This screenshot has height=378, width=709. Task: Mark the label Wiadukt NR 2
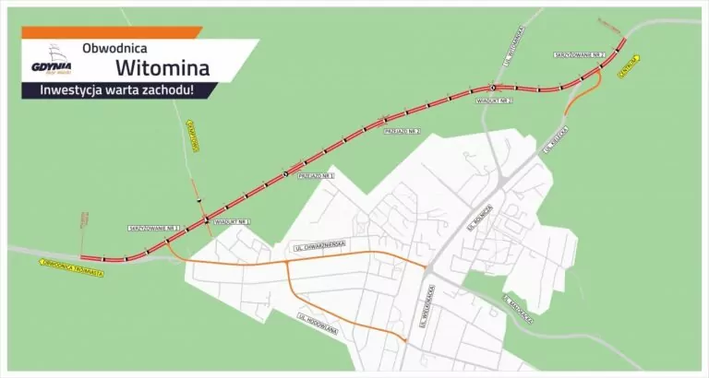492,99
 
